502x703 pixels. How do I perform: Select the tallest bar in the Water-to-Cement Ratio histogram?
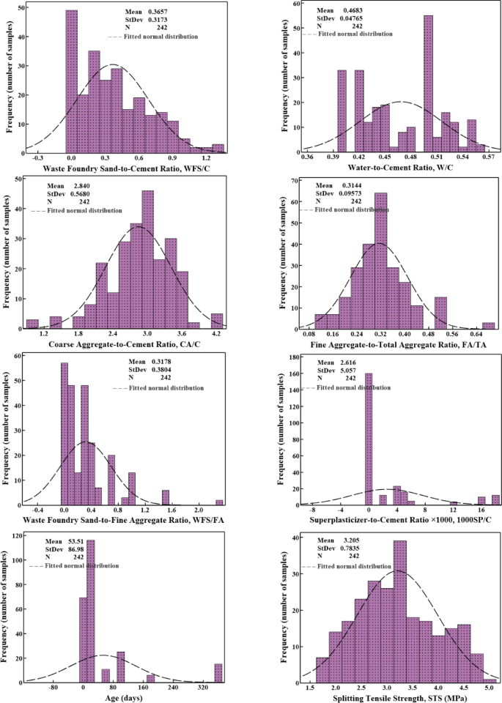pos(428,84)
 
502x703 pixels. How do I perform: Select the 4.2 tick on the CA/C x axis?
pos(217,333)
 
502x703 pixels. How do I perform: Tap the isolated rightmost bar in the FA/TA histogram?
pos(488,324)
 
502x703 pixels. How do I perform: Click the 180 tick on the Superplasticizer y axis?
pos(292,358)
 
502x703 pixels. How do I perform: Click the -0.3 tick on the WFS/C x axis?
pos(37,157)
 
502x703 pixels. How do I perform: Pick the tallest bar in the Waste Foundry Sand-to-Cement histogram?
pos(71,81)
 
